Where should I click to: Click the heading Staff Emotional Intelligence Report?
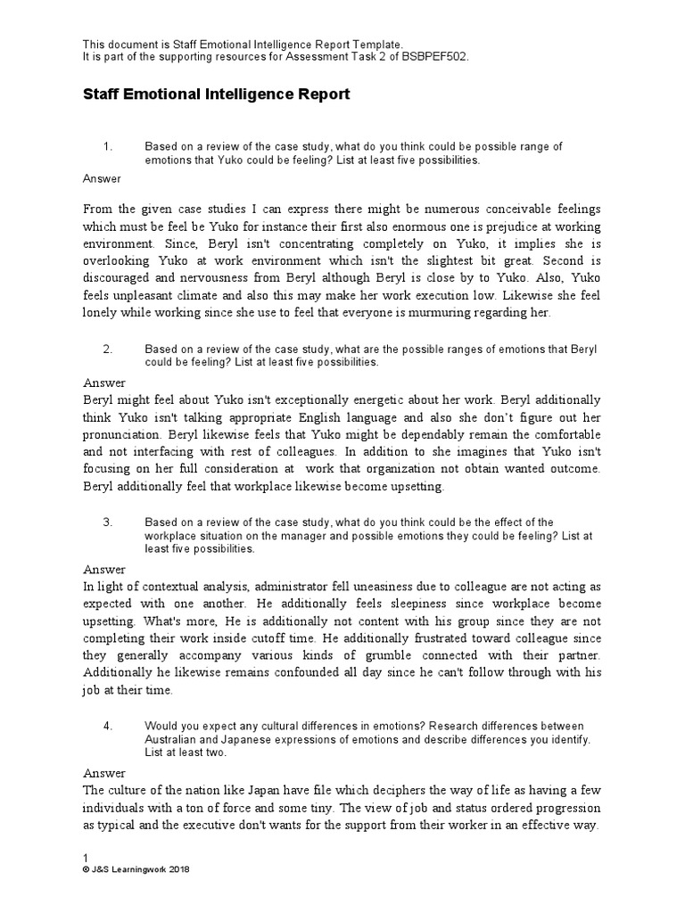pos(217,94)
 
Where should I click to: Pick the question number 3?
pos(106,522)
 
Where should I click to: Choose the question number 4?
pos(106,726)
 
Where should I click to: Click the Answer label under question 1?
pos(102,178)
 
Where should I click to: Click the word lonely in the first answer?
pos(102,312)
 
